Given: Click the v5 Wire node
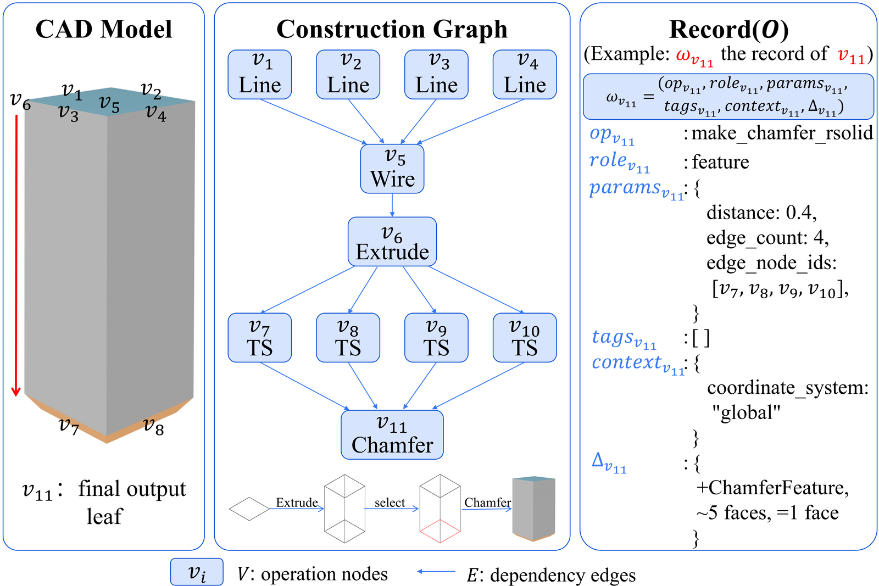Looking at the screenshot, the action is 392,169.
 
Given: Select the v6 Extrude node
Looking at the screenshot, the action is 392,242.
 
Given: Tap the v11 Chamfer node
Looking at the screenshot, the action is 392,434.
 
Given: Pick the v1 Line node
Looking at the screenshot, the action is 260,75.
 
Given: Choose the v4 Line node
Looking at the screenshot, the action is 525,75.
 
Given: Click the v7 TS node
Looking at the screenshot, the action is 260,337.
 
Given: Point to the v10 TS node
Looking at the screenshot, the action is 525,337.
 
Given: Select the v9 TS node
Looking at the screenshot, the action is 436,337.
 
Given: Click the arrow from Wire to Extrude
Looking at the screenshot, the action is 392,205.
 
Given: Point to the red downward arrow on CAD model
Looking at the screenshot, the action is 16,255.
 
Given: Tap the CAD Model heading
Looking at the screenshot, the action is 104,29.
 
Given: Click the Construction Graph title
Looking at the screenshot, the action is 392,30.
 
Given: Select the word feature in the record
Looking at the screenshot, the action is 720,161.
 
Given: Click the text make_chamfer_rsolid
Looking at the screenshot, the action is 782,133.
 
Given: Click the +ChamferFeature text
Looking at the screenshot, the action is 772,488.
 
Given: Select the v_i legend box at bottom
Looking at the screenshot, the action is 197,572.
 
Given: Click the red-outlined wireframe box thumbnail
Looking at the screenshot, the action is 440,509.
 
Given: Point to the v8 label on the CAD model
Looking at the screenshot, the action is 153,426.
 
